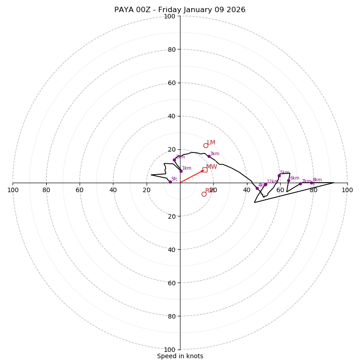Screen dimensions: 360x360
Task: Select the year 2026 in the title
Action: coord(236,10)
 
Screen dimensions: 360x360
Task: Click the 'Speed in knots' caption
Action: coord(180,356)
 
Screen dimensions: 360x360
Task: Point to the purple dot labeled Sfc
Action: coord(170,182)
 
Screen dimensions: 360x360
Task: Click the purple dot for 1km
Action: coord(181,171)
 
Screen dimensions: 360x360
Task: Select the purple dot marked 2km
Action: coord(174,160)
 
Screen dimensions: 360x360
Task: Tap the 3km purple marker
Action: coord(209,157)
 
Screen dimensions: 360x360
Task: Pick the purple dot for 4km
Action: coord(257,188)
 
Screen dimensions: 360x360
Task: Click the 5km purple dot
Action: coord(279,175)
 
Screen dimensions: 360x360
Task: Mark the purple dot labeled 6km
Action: coord(288,180)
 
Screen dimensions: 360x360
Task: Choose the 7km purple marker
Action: coord(300,184)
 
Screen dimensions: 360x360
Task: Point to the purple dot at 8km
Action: coord(311,183)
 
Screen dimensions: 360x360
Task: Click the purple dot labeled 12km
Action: coord(265,184)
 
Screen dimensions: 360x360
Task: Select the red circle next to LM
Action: coord(206,145)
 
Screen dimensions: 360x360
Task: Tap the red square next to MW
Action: coord(205,170)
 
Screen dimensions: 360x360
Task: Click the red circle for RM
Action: coord(204,194)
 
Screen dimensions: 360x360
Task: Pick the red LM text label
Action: coord(211,143)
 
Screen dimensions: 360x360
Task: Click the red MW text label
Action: coord(211,167)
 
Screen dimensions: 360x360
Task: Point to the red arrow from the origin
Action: coord(192,176)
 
